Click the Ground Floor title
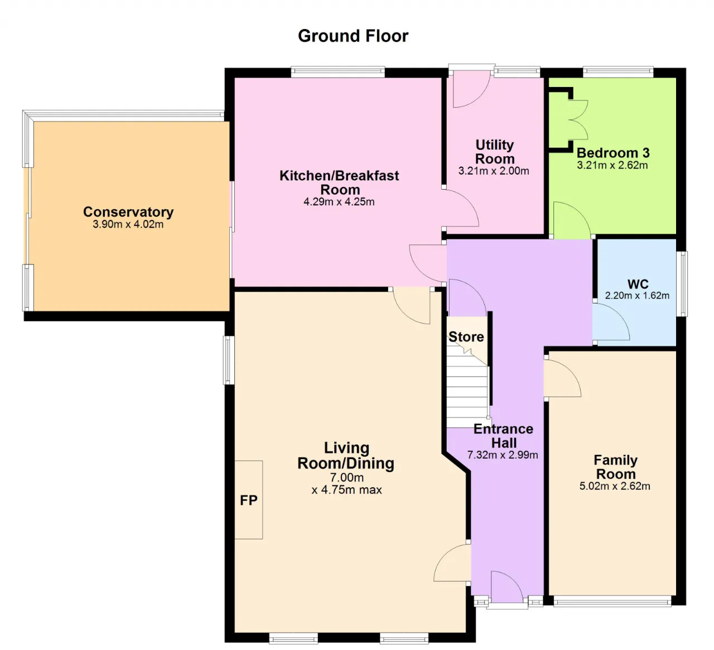(x=353, y=36)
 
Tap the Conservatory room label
(x=128, y=211)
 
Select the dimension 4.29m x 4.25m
(x=339, y=202)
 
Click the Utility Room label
(x=495, y=152)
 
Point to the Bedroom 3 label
(x=613, y=153)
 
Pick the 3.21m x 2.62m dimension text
(x=612, y=165)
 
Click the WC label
(x=638, y=284)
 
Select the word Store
(x=466, y=336)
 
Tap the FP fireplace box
(x=248, y=500)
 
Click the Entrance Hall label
(x=503, y=436)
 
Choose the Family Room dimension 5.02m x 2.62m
(x=615, y=486)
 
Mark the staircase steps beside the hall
(x=467, y=387)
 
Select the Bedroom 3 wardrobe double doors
(x=578, y=119)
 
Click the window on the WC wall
(x=682, y=283)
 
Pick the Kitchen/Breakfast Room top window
(x=338, y=71)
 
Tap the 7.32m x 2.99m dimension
(x=503, y=455)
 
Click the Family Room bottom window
(x=612, y=601)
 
